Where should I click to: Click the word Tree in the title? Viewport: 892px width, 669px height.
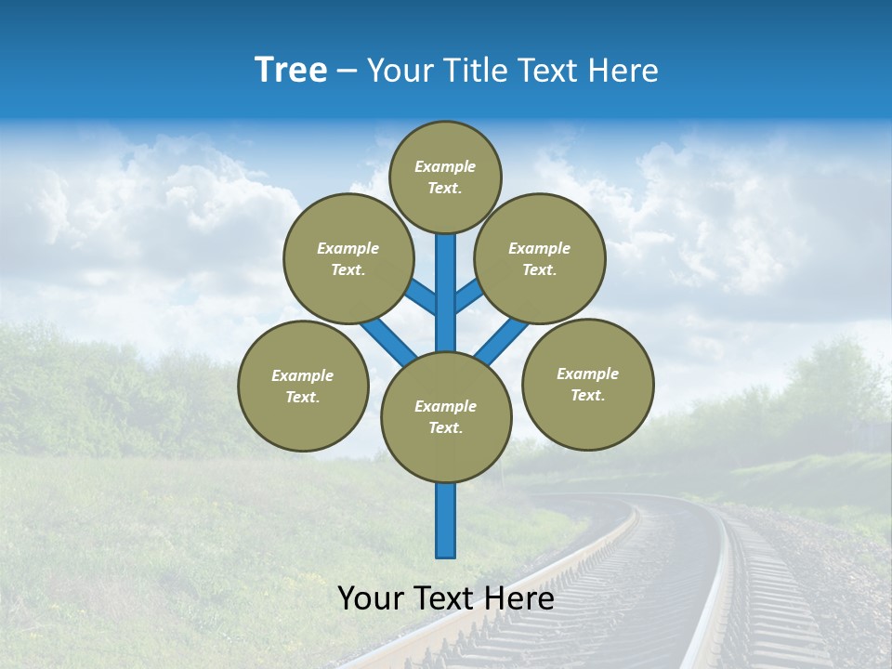point(291,71)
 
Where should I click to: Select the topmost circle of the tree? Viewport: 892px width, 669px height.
point(445,177)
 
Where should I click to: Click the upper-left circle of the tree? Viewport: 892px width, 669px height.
point(348,258)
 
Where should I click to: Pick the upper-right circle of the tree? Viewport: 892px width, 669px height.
point(540,258)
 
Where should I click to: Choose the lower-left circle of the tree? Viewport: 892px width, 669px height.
point(303,386)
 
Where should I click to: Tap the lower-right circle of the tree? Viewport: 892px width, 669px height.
point(587,384)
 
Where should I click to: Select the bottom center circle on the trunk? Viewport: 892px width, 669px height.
point(446,417)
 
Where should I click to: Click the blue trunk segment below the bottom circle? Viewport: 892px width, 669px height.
point(446,520)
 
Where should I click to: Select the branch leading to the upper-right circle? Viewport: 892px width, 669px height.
point(468,296)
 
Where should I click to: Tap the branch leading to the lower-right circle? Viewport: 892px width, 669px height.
point(502,341)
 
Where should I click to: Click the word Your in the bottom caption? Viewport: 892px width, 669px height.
point(371,598)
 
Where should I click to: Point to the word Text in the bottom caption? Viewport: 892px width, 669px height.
point(446,598)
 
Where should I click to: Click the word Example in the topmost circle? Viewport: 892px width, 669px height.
point(445,166)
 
